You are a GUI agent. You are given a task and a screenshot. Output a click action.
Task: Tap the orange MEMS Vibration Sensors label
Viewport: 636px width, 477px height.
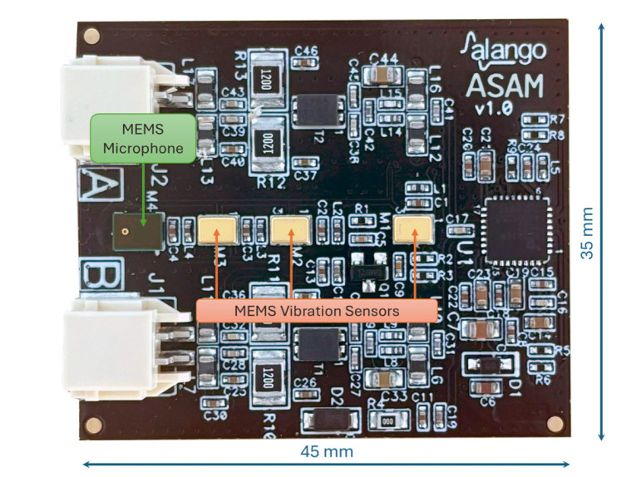(316, 311)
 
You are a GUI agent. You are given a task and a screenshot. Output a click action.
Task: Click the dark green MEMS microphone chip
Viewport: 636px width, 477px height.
(136, 233)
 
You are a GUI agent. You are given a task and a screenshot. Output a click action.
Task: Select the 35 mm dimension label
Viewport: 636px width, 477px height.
(588, 233)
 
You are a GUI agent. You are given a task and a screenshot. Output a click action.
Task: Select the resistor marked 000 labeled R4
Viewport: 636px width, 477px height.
(387, 420)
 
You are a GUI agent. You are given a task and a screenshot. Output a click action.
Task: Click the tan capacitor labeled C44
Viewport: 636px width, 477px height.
(379, 76)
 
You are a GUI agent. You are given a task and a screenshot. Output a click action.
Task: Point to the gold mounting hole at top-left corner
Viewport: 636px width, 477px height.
(93, 36)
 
